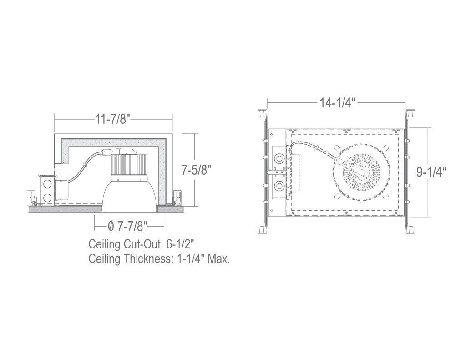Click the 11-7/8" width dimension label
(113, 119)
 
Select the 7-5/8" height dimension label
(197, 170)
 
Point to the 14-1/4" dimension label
(338, 103)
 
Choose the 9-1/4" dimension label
(431, 172)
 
